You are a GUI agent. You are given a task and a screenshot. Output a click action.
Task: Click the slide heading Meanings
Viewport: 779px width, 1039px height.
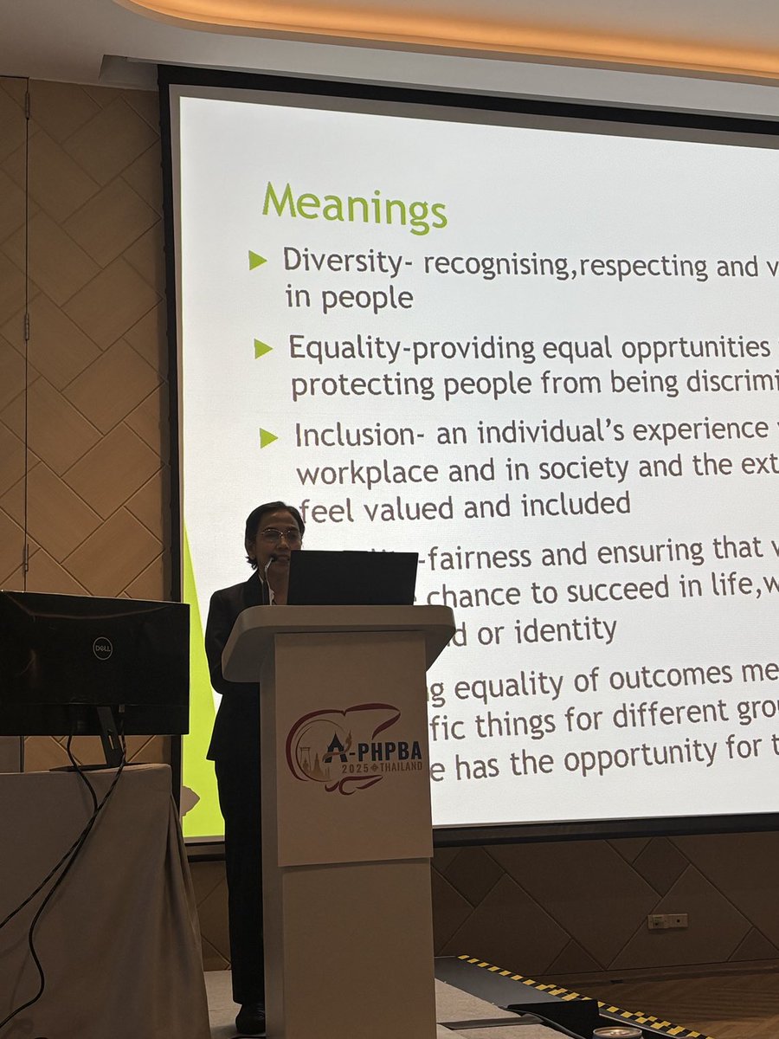pyautogui.click(x=355, y=206)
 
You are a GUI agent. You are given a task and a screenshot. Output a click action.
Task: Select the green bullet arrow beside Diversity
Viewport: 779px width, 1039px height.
pyautogui.click(x=258, y=261)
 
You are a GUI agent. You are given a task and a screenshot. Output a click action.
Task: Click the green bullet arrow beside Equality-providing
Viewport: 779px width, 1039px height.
pyautogui.click(x=263, y=349)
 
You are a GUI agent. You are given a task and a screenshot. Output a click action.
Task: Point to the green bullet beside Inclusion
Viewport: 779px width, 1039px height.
pyautogui.click(x=269, y=438)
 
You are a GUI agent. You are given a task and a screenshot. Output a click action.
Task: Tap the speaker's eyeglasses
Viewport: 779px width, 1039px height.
pyautogui.click(x=280, y=537)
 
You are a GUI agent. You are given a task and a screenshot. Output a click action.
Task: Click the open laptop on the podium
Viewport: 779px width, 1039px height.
pyautogui.click(x=352, y=578)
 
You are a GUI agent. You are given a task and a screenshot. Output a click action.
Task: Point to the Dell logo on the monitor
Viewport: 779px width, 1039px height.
pyautogui.click(x=102, y=648)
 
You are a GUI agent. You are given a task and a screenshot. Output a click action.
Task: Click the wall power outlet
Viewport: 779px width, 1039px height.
pyautogui.click(x=667, y=920)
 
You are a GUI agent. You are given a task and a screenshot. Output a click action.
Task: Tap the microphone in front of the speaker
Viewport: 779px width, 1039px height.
pyautogui.click(x=267, y=571)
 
